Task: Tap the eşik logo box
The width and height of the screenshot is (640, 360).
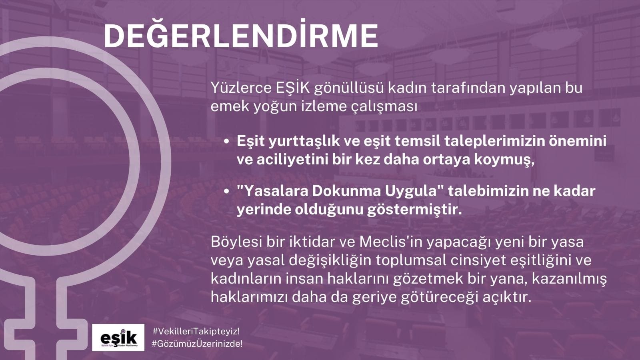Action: pos(118,338)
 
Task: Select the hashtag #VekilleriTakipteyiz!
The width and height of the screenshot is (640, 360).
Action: pos(196,332)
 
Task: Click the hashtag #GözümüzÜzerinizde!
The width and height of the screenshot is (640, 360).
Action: pos(197,344)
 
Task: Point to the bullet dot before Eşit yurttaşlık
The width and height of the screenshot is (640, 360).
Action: pos(227,142)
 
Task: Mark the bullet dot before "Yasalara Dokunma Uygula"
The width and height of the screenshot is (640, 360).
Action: pos(227,192)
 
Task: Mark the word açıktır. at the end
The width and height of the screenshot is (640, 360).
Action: pos(507,298)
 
